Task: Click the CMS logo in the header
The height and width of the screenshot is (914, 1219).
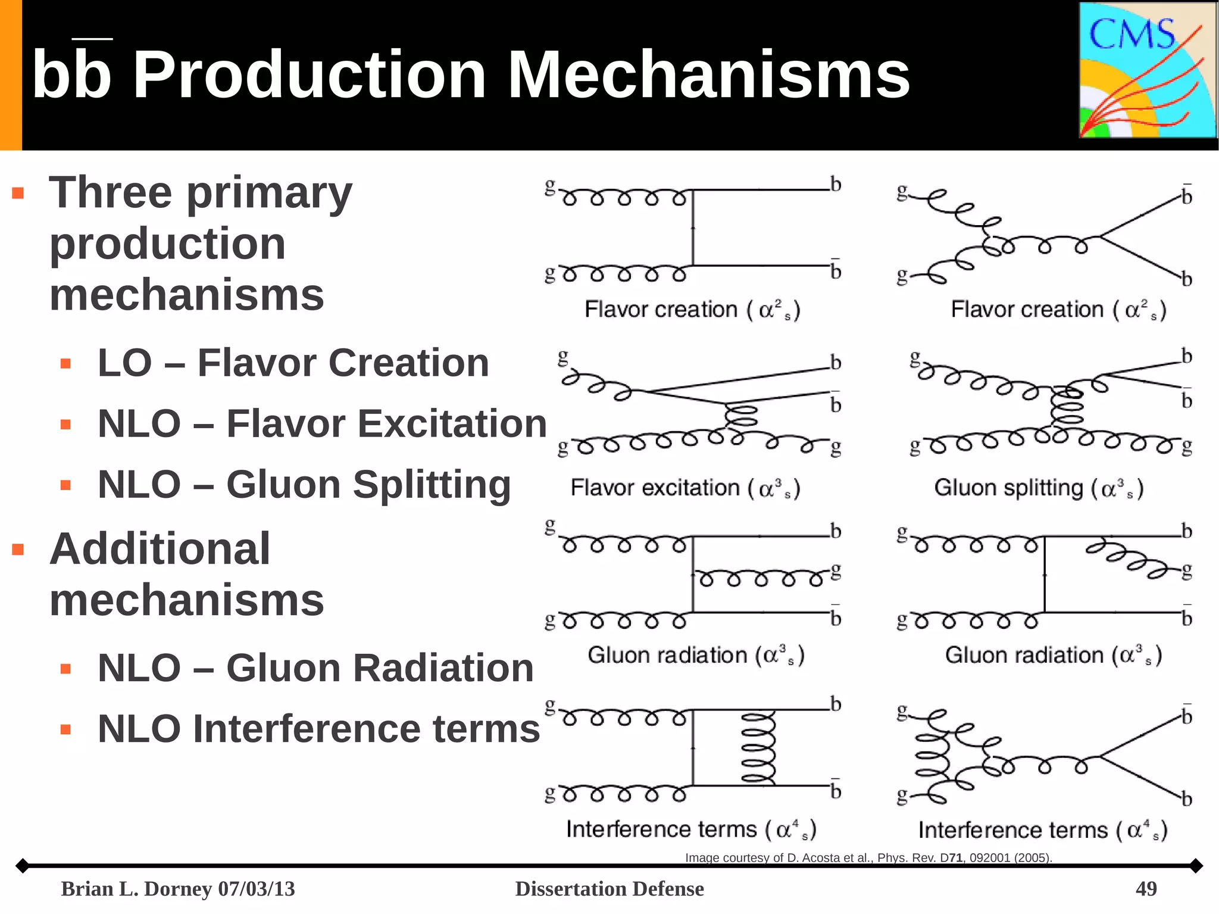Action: click(x=1148, y=70)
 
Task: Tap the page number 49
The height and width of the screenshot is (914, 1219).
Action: click(x=1146, y=888)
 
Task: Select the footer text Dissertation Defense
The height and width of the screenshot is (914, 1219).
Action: click(x=609, y=888)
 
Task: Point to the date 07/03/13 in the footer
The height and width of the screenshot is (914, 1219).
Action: click(x=257, y=888)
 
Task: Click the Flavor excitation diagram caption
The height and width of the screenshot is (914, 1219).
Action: click(x=684, y=488)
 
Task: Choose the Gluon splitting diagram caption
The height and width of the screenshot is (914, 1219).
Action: click(x=1039, y=488)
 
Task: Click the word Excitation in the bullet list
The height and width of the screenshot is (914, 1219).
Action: click(x=386, y=424)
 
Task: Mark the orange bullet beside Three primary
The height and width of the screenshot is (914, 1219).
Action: click(x=18, y=193)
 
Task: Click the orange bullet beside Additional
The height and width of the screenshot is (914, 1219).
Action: click(x=18, y=549)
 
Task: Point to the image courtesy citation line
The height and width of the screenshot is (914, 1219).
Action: click(x=868, y=857)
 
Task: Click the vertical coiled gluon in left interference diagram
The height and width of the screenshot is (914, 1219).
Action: click(x=758, y=748)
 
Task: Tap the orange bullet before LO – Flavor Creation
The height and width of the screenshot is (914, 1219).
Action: click(x=65, y=363)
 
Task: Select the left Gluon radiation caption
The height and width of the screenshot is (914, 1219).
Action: click(x=695, y=656)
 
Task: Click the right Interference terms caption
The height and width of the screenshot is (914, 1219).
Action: click(x=1042, y=830)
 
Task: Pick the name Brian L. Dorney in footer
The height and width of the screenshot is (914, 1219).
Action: click(x=136, y=888)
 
